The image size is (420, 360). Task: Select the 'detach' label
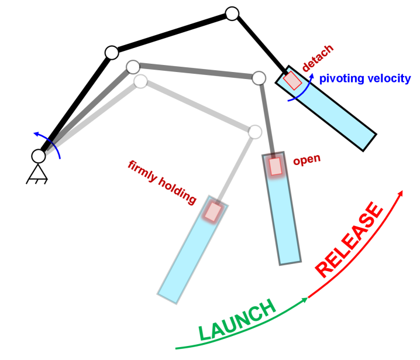319,57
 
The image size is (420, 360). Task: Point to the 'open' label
307,159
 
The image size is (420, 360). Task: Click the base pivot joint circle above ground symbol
39,156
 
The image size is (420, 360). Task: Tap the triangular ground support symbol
38,173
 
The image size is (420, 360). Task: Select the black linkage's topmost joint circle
232,13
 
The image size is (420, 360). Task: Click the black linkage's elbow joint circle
112,53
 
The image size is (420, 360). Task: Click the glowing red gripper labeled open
276,166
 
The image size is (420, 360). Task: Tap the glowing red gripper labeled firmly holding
213,211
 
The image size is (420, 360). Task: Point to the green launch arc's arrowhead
305,300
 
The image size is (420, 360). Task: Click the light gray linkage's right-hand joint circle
255,132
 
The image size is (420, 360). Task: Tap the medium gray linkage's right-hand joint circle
259,77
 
